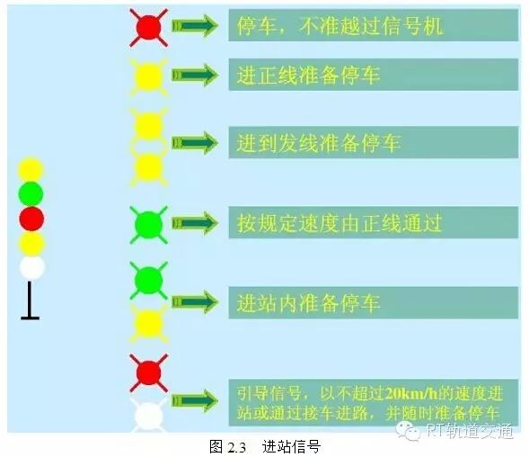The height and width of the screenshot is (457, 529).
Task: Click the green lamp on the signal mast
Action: (x=31, y=193)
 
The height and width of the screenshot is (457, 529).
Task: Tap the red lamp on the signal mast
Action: (x=31, y=219)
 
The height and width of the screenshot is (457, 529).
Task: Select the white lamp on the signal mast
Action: (x=32, y=268)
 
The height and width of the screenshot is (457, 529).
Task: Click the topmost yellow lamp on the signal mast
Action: (x=31, y=169)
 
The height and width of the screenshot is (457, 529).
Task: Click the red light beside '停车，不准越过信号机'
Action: (x=148, y=27)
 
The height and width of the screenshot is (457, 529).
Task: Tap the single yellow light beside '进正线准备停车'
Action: (x=149, y=77)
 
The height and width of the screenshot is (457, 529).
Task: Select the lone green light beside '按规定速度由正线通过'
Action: (x=148, y=225)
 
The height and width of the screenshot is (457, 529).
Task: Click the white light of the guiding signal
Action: (x=149, y=416)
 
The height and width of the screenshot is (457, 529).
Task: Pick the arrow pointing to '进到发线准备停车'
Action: (x=195, y=143)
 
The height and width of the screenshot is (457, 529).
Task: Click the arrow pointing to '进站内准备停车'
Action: (x=195, y=302)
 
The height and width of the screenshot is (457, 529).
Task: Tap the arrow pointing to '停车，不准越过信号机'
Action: (x=195, y=25)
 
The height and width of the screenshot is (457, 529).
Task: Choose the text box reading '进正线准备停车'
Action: (x=373, y=75)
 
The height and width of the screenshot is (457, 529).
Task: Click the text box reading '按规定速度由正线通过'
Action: (x=373, y=223)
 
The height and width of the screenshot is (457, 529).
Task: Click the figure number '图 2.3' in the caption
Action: (x=227, y=447)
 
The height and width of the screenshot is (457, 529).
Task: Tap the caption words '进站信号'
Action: (x=291, y=447)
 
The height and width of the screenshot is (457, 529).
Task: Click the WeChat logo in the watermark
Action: (x=409, y=430)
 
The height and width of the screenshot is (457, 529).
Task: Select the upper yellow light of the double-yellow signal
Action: (x=149, y=126)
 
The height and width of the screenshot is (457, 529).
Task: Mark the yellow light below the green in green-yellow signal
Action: (x=149, y=324)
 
